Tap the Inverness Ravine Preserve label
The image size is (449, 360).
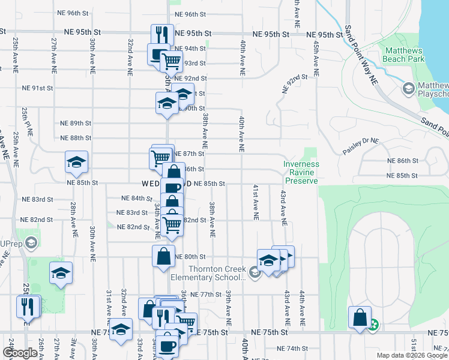[x=301, y=172]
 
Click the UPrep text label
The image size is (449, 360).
[x=11, y=244]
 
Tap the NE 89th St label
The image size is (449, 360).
[x=75, y=123]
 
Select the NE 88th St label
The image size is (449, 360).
[x=75, y=138]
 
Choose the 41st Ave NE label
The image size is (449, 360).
[x=255, y=202]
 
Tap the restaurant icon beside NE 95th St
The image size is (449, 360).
[x=162, y=35]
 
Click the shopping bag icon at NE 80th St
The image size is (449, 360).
[x=163, y=256]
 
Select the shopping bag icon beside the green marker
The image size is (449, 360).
[x=360, y=317]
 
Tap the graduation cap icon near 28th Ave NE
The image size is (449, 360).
[x=76, y=162]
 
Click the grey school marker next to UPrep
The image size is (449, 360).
[x=31, y=244]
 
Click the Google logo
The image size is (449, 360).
[x=20, y=353]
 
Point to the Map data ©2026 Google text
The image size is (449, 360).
[x=411, y=355]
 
